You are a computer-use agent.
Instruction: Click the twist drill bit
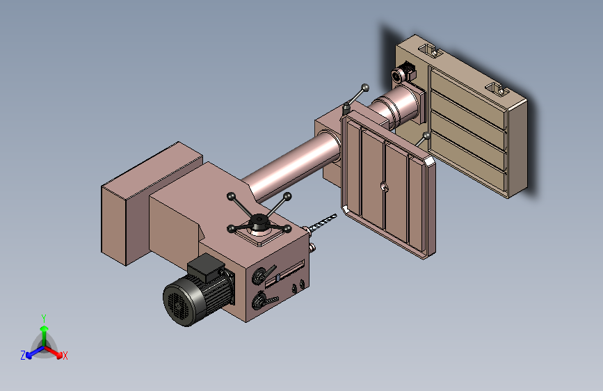tap(322, 223)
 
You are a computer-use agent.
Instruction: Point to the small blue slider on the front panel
tap(278, 278)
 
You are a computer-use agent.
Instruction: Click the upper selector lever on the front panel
tap(263, 274)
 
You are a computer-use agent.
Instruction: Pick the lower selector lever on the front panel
tap(264, 301)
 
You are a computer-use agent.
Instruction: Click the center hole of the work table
tap(385, 187)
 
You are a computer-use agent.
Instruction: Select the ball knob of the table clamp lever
tap(365, 88)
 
